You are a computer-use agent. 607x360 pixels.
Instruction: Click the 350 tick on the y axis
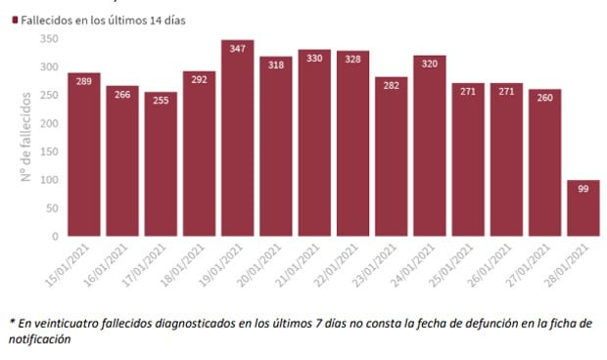point(50,39)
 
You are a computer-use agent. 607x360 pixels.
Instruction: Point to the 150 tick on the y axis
point(50,152)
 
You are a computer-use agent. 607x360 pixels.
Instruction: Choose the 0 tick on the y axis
point(56,237)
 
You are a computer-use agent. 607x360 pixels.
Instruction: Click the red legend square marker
point(13,20)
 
